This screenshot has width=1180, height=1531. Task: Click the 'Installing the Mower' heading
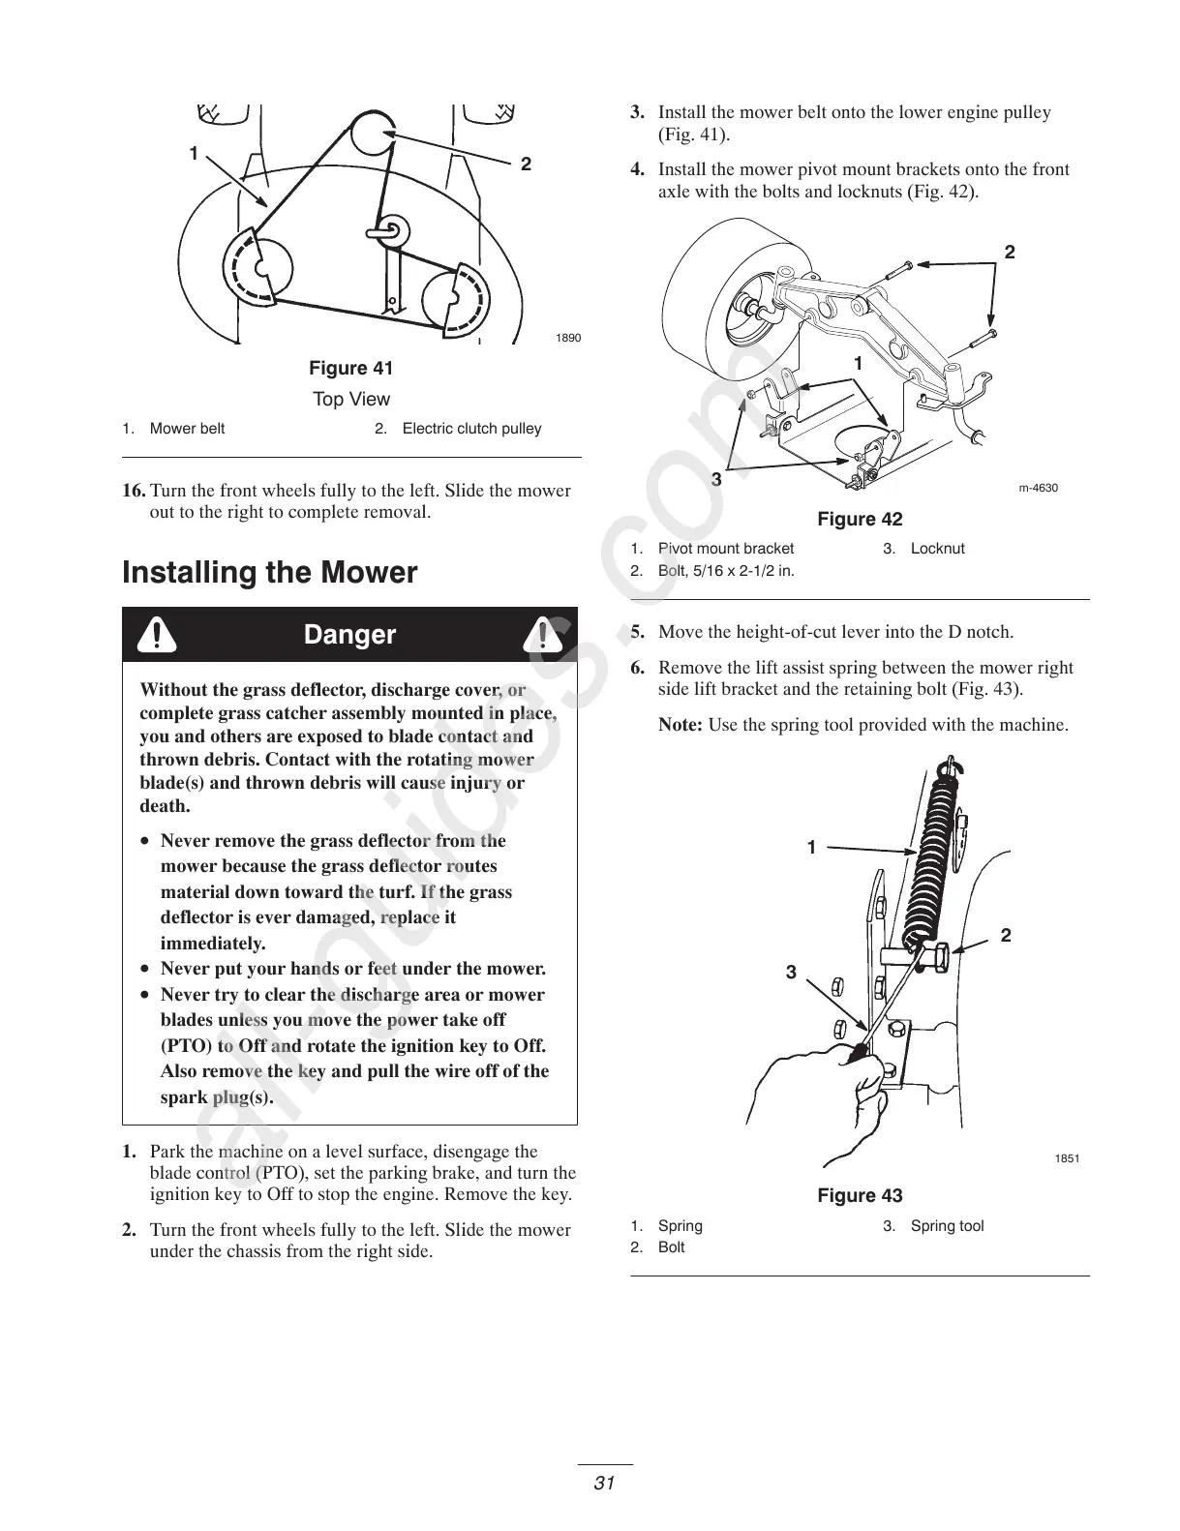point(269,573)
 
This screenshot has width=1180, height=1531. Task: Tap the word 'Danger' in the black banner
point(349,635)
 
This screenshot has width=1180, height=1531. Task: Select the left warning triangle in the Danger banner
point(156,635)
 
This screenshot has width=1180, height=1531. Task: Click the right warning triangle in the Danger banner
point(543,635)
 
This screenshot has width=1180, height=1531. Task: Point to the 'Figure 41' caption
point(350,369)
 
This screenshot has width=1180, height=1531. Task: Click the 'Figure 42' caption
point(859,520)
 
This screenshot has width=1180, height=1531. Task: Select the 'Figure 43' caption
point(859,1196)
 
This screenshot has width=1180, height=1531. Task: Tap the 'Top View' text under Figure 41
point(350,400)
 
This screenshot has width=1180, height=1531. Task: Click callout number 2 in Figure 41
point(526,165)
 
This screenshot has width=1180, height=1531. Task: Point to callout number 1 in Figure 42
point(858,364)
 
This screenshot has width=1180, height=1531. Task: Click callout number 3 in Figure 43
point(791,972)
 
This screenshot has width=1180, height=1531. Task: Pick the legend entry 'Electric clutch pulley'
point(471,429)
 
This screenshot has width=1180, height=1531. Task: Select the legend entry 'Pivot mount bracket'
point(725,549)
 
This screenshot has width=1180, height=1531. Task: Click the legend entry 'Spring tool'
point(946,1226)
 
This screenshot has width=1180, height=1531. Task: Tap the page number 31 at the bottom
point(605,1483)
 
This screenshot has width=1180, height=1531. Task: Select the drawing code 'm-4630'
point(1038,488)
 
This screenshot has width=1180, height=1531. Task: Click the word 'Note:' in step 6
point(680,725)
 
